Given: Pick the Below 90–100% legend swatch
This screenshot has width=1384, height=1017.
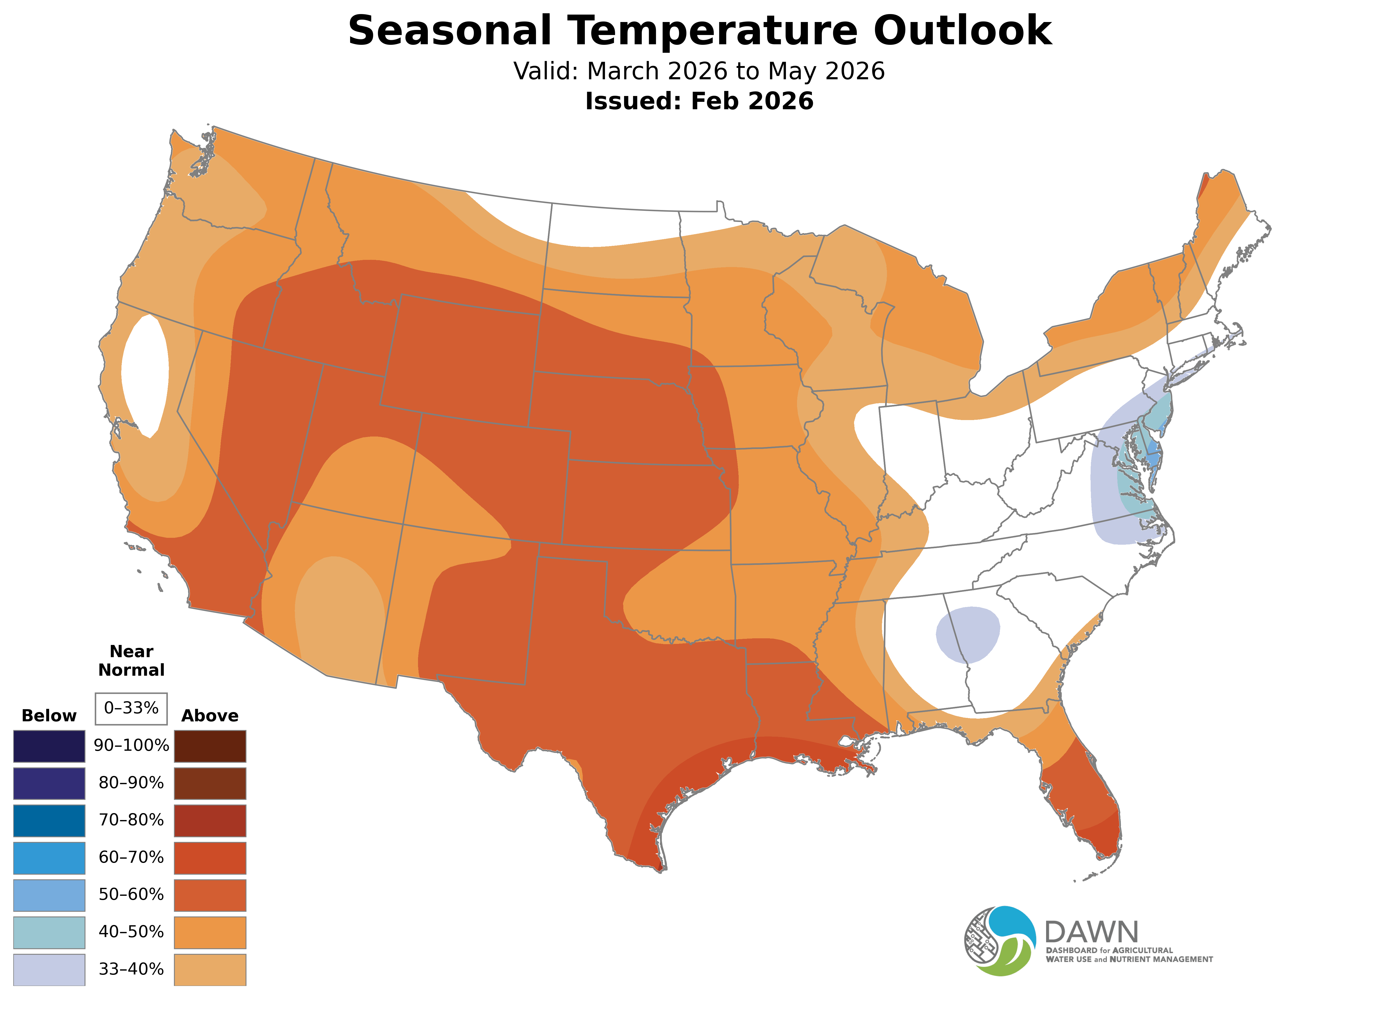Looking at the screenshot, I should [49, 746].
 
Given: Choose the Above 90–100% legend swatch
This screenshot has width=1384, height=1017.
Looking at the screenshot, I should [210, 746].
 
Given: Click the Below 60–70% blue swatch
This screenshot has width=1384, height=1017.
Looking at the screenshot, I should [49, 858].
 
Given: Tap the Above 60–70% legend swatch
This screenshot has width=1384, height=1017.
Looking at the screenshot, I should [210, 858].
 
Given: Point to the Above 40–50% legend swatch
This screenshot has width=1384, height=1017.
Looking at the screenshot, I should [210, 932].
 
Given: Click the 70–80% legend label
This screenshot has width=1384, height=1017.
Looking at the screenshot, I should [131, 820].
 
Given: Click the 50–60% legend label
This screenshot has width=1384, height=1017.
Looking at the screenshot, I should [131, 894].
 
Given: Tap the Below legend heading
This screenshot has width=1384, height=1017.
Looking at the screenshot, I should [49, 716].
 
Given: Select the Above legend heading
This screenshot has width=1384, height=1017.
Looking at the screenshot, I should [210, 716].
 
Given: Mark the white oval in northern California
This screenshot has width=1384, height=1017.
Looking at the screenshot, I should [145, 376].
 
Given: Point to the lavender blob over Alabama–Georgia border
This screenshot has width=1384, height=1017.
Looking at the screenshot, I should [967, 634].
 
